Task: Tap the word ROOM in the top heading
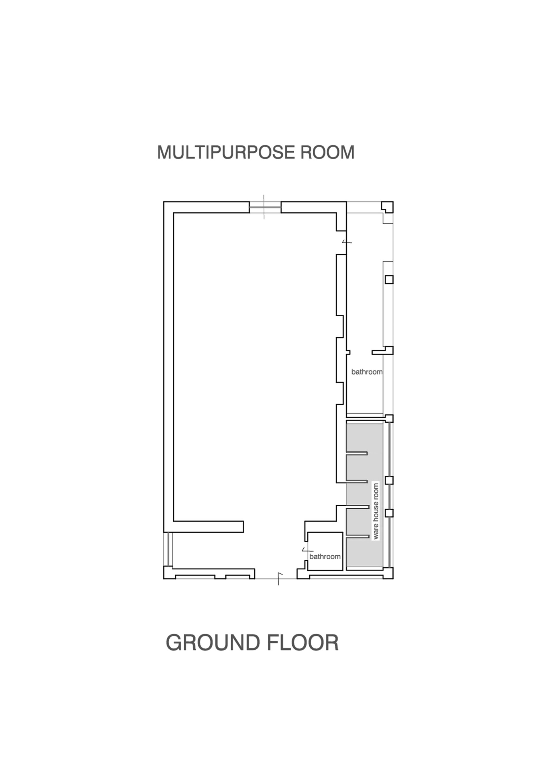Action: click(327, 152)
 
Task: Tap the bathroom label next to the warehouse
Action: click(325, 556)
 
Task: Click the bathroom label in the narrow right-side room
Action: click(367, 372)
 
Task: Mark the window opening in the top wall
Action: click(265, 207)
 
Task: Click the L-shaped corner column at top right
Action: click(388, 207)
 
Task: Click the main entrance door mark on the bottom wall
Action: click(279, 579)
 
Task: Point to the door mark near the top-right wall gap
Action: click(347, 242)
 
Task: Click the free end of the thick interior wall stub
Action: click(243, 526)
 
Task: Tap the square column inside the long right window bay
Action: click(389, 280)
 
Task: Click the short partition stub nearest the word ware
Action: click(357, 507)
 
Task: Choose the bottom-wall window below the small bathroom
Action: click(347, 576)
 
